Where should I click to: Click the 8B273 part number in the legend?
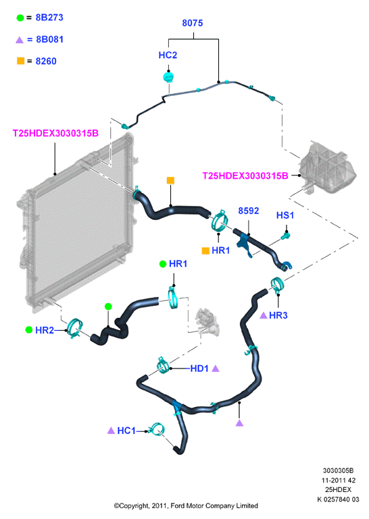coord(49,18)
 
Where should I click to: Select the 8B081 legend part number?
coord(49,39)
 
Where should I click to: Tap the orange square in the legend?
coord(20,61)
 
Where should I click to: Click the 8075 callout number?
coord(193,23)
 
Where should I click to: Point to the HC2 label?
coord(168,55)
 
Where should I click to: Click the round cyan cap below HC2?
coord(168,77)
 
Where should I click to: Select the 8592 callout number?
coord(248,211)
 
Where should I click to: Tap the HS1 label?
coord(285,215)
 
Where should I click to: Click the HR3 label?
coord(278,315)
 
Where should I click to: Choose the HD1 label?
coord(199,368)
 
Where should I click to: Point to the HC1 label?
coord(126,431)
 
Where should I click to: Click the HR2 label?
coord(45,330)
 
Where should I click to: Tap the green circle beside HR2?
coord(29,329)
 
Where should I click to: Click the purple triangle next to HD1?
coord(216,368)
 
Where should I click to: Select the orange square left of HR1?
coord(205,251)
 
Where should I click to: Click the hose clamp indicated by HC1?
coord(157,430)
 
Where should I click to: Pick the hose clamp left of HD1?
coord(162,365)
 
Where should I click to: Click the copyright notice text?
coord(186,506)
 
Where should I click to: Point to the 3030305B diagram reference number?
coord(338,470)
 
